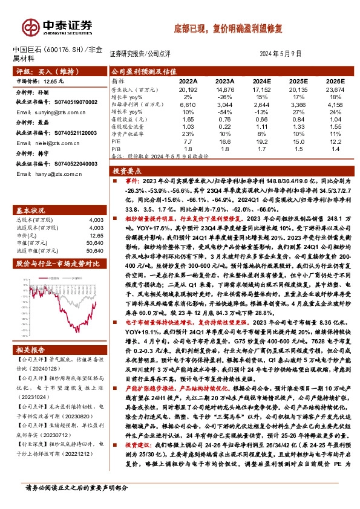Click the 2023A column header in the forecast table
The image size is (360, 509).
tap(224, 80)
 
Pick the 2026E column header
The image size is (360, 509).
tap(334, 80)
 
